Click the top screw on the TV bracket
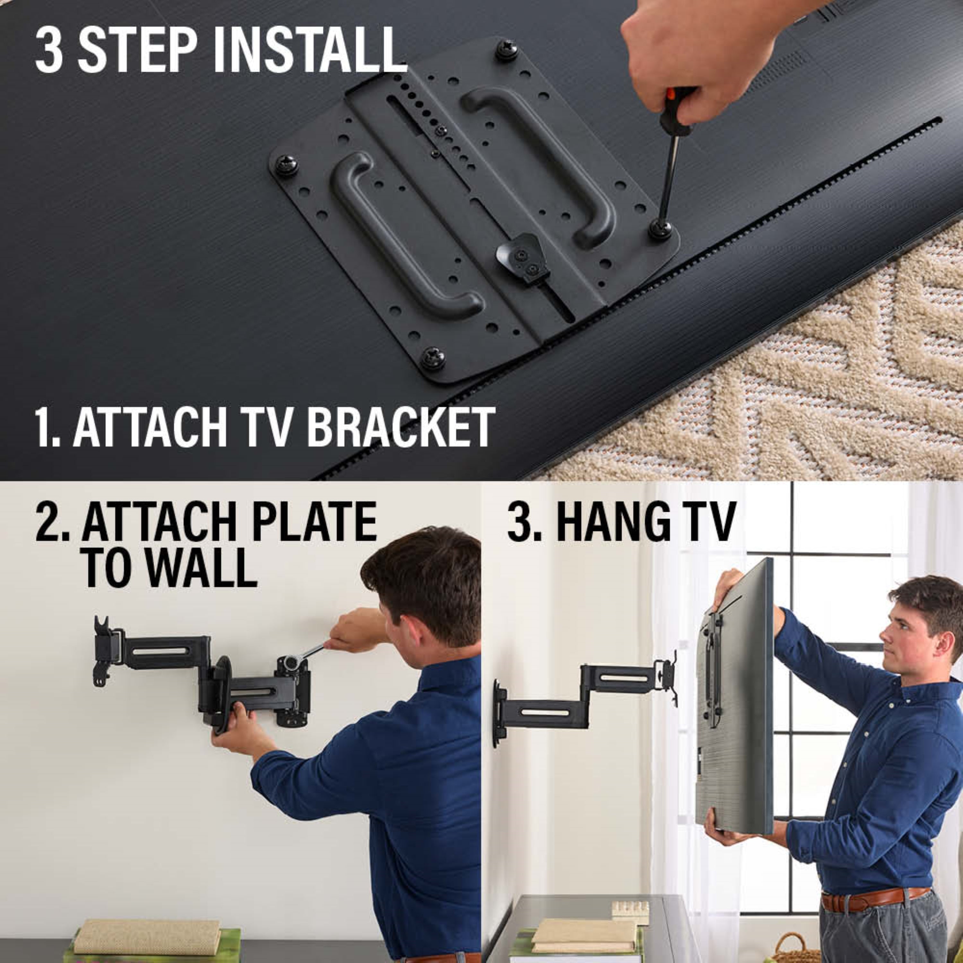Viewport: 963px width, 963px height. tap(507, 50)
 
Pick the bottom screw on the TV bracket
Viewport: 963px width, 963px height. tap(432, 358)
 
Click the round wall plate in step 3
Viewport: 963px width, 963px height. tap(498, 713)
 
